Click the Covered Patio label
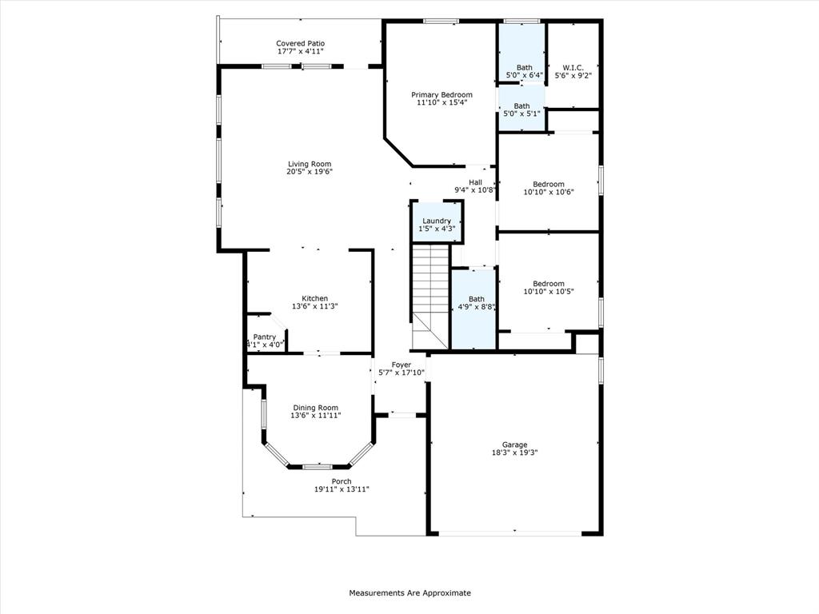point(300,43)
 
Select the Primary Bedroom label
point(441,94)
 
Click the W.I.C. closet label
point(572,67)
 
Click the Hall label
point(475,182)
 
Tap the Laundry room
point(437,221)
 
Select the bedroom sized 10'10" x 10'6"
point(549,188)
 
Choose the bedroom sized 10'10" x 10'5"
point(549,287)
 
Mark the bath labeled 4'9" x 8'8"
point(476,303)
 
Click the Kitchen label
point(309,298)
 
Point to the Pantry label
point(265,337)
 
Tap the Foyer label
point(401,365)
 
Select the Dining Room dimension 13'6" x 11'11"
point(315,416)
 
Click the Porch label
point(342,481)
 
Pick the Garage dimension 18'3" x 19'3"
point(514,453)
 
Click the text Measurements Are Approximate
point(409,593)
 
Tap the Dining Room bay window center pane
point(318,465)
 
